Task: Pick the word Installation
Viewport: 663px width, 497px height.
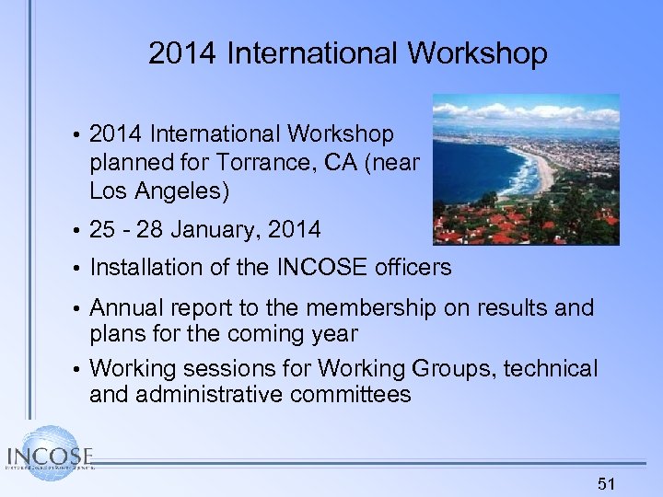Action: click(x=152, y=268)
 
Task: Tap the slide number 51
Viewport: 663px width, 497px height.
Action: click(x=605, y=483)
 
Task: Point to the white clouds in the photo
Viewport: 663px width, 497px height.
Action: click(x=516, y=111)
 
